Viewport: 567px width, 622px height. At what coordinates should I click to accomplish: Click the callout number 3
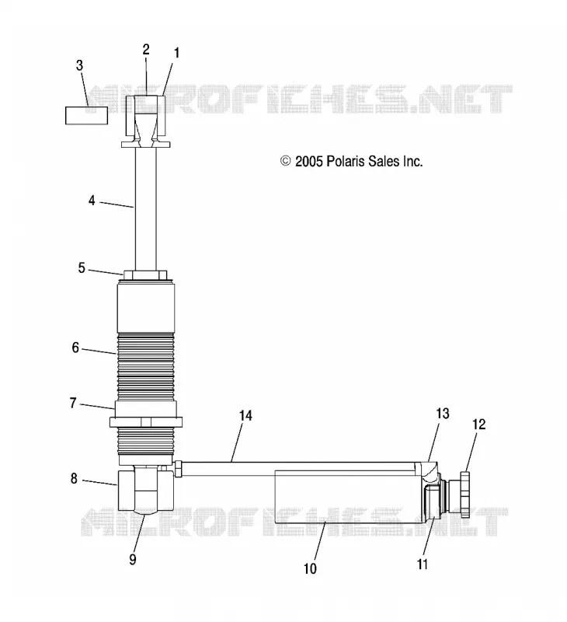[79, 65]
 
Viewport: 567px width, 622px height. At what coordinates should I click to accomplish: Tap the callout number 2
[146, 50]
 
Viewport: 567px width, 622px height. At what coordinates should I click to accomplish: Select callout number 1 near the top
[177, 53]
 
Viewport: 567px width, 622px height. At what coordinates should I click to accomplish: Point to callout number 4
[92, 201]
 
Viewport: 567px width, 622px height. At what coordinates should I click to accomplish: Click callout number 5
[82, 268]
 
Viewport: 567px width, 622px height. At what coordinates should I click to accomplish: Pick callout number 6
[75, 348]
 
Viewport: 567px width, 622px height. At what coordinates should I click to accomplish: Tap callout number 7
[73, 403]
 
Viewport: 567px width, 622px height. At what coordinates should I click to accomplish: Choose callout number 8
[74, 479]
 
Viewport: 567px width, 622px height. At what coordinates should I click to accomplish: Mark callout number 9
[133, 559]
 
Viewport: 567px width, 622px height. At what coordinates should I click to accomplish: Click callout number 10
[310, 569]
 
